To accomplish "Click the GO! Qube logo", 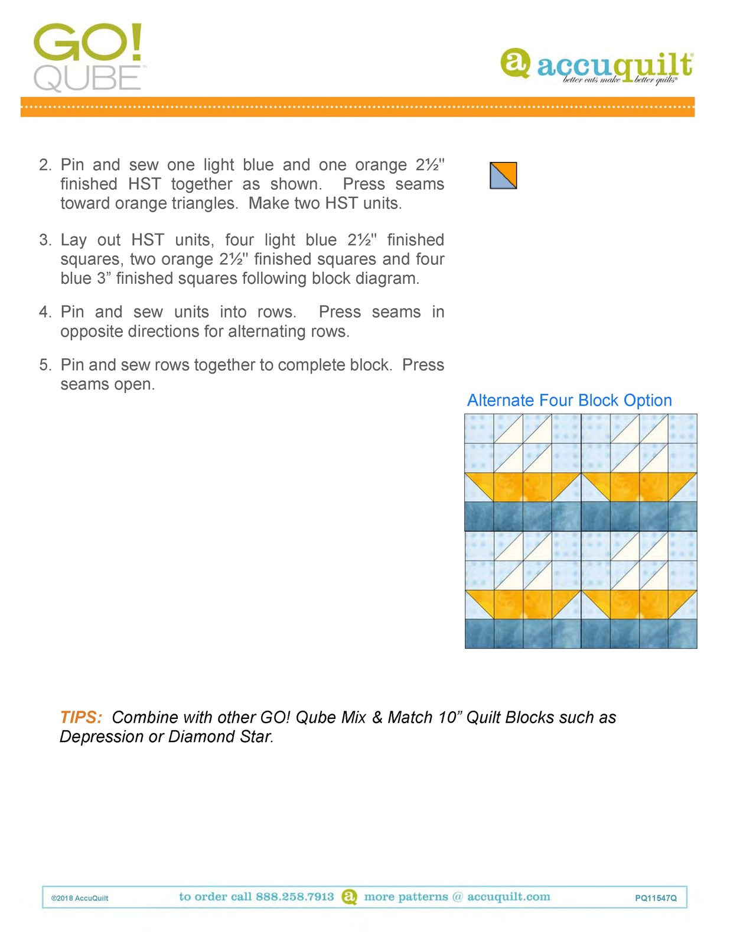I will [x=88, y=57].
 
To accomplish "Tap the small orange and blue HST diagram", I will [x=503, y=176].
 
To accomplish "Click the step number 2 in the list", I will [x=45, y=165].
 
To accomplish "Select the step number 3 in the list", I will [x=45, y=240].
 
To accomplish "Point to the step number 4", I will [x=45, y=312].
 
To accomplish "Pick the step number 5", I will [x=45, y=365].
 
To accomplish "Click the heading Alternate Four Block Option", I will [x=569, y=400].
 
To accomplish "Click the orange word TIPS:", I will [x=81, y=717].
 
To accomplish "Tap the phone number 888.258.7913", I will [x=295, y=896].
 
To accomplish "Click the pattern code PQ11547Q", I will [x=656, y=898].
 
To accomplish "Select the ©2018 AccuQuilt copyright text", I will [x=80, y=898].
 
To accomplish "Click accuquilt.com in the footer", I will [x=509, y=896].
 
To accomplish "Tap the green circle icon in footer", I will [x=350, y=896].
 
